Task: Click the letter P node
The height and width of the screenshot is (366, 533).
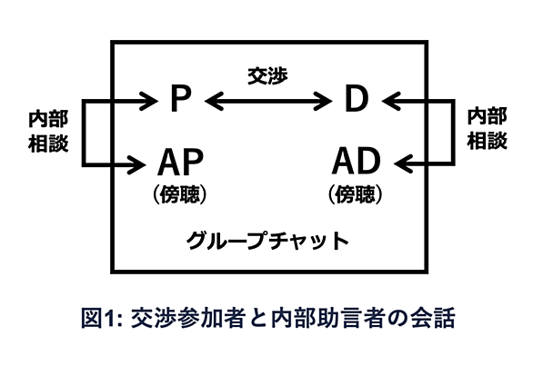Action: tap(180, 98)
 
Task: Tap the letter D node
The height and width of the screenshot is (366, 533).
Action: tap(357, 98)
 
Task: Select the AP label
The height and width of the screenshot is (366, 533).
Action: tap(180, 162)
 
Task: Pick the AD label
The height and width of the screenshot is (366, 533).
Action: tap(356, 162)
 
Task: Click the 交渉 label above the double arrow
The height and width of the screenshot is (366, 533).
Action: tap(267, 75)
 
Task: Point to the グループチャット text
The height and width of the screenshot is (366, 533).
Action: tap(267, 240)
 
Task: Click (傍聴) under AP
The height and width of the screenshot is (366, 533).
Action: tap(180, 194)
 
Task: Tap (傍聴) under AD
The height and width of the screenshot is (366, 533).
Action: tap(356, 194)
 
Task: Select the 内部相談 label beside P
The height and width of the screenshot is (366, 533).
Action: tap(48, 131)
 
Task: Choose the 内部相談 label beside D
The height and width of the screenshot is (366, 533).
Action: tap(488, 129)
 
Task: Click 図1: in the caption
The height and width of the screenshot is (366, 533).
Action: tap(102, 318)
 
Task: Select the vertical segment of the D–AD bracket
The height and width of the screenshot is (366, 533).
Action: tap(453, 133)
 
